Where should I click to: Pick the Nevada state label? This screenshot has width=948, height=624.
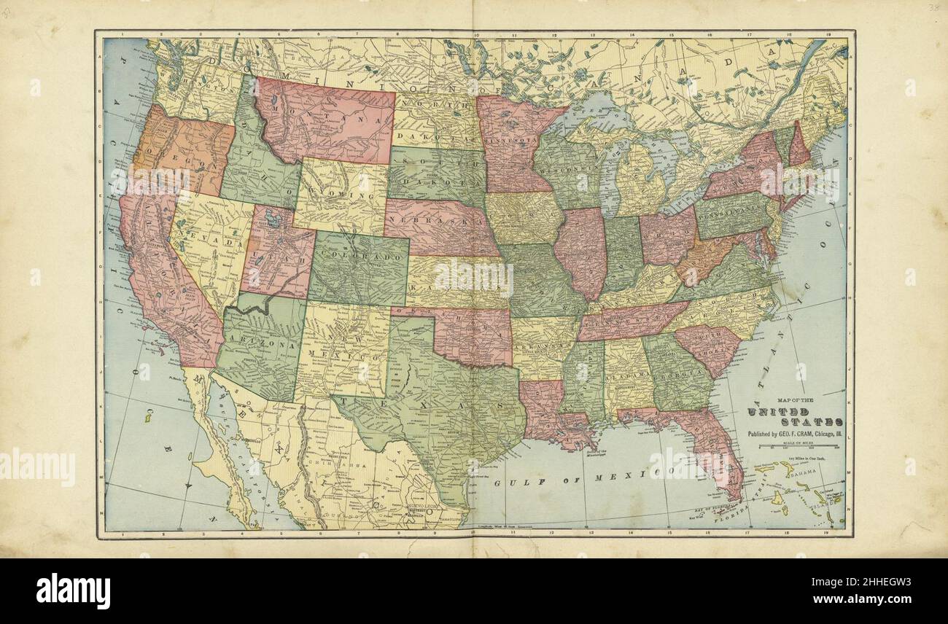[x=211, y=241]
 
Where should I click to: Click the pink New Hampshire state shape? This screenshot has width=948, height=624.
[x=799, y=146]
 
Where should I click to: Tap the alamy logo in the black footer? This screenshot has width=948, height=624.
[x=73, y=590]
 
